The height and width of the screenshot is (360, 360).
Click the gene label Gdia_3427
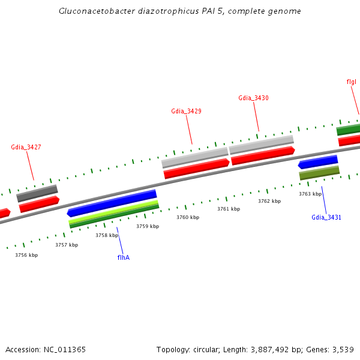[26, 147]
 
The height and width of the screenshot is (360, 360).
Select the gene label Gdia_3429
[186, 111]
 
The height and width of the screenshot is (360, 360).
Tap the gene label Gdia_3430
[253, 98]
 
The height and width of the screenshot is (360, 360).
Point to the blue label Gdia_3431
[326, 217]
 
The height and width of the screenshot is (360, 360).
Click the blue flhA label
[124, 257]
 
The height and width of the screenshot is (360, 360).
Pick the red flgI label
[352, 82]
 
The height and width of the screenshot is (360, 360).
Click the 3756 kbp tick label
[26, 255]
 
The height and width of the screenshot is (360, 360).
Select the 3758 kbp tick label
[107, 236]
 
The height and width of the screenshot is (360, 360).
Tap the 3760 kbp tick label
[188, 217]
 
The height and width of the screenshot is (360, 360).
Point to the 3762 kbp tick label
[269, 201]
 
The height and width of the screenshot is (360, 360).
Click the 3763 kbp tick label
[310, 194]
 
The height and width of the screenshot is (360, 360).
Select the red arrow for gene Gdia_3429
[196, 168]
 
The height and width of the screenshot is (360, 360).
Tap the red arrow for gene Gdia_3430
[263, 155]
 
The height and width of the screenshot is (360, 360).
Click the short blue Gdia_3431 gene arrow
[318, 161]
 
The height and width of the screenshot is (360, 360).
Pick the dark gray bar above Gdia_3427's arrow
[37, 193]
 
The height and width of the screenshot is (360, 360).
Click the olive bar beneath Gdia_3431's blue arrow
[319, 173]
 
